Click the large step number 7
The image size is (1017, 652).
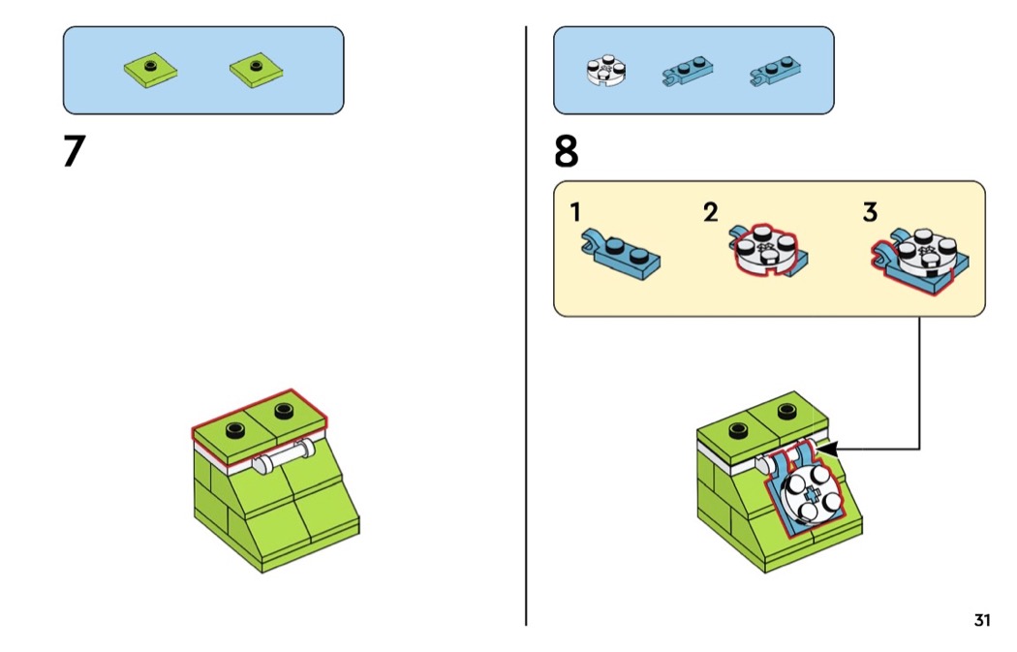pyautogui.click(x=74, y=152)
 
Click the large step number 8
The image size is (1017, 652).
pyautogui.click(x=567, y=152)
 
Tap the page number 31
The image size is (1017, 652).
pyautogui.click(x=982, y=621)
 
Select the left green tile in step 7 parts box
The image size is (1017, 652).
pyautogui.click(x=151, y=69)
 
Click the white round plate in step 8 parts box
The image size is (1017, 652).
pyautogui.click(x=605, y=72)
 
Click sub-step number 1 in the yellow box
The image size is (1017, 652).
pyautogui.click(x=575, y=211)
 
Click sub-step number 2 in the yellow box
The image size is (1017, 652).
pyautogui.click(x=711, y=211)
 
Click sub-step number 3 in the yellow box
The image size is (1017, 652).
pyautogui.click(x=870, y=211)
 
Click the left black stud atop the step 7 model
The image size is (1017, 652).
pyautogui.click(x=232, y=431)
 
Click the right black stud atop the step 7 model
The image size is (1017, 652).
pyautogui.click(x=284, y=410)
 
